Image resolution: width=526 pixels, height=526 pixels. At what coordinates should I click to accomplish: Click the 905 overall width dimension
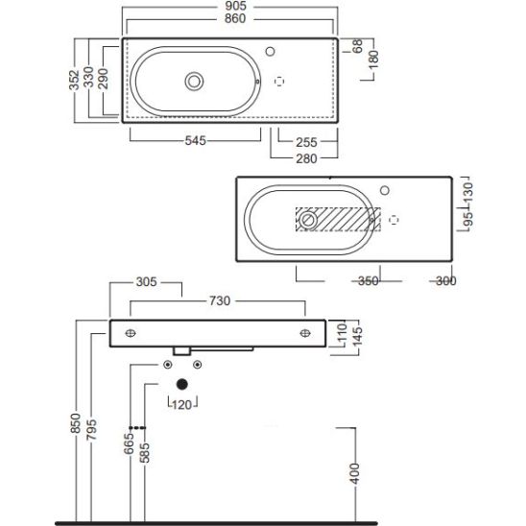click(x=235, y=6)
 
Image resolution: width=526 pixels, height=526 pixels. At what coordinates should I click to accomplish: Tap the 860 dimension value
click(x=235, y=19)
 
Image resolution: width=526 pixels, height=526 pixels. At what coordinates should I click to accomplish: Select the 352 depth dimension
click(x=74, y=81)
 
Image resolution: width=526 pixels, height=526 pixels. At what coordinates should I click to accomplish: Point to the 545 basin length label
click(x=196, y=140)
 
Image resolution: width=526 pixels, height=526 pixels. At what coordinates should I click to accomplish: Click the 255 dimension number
click(x=306, y=143)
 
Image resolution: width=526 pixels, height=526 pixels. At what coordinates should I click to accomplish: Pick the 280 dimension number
click(x=306, y=158)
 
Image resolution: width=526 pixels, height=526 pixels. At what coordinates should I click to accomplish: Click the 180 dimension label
click(x=373, y=60)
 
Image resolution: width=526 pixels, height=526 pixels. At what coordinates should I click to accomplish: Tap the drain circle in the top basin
click(x=194, y=82)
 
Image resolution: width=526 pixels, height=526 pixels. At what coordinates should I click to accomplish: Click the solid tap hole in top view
click(x=270, y=51)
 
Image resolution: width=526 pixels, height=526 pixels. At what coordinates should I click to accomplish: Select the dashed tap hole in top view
click(x=279, y=82)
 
